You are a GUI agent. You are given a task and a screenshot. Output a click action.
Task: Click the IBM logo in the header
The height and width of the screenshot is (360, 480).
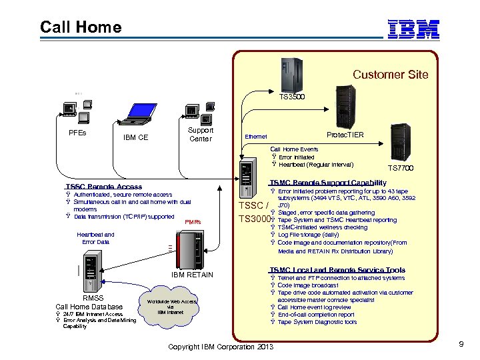[413, 28]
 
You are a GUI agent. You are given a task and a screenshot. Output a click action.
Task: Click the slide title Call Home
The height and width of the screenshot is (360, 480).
[81, 27]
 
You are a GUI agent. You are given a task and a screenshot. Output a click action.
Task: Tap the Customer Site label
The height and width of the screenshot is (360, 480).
[390, 75]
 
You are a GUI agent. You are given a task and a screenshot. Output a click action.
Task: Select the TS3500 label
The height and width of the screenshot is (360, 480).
[292, 97]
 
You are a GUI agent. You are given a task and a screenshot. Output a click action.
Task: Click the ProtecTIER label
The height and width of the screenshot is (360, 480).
[345, 135]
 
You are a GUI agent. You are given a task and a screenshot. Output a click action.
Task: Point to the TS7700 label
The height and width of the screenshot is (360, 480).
[401, 169]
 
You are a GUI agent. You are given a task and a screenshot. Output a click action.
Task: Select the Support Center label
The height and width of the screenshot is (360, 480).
[201, 135]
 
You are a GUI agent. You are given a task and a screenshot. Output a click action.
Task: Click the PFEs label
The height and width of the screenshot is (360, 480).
[77, 133]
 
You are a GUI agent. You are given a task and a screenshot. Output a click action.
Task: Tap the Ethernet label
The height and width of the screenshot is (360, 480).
[256, 137]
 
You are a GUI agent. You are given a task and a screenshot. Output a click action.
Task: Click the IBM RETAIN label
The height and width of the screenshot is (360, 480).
[192, 275]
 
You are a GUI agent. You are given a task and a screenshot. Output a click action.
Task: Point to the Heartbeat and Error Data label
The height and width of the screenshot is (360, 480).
[95, 238]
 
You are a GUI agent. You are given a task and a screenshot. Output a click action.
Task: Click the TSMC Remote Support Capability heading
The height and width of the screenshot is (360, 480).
[327, 183]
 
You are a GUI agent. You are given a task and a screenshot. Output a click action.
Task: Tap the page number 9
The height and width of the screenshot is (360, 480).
[461, 344]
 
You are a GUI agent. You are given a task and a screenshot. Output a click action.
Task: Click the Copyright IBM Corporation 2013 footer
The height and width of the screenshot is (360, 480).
[221, 346]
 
